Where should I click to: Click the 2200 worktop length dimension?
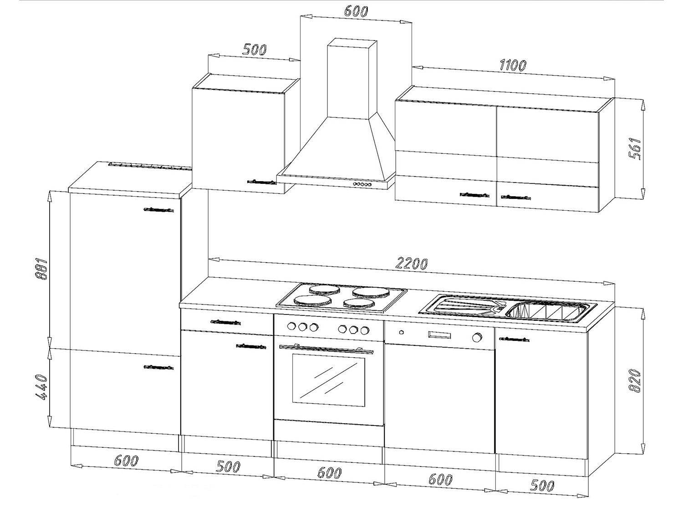pyautogui.click(x=411, y=264)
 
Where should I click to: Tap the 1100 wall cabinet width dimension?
pyautogui.click(x=513, y=65)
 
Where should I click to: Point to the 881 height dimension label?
pyautogui.click(x=41, y=269)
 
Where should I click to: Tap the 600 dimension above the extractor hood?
pyautogui.click(x=356, y=11)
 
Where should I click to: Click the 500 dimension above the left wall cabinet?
pyautogui.click(x=255, y=50)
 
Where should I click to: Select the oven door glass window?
pyautogui.click(x=328, y=381)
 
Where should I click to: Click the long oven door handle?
pyautogui.click(x=326, y=349)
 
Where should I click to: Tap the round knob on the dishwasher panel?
pyautogui.click(x=476, y=337)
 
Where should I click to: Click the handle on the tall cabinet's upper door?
pyautogui.click(x=159, y=210)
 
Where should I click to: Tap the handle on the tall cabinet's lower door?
pyautogui.click(x=159, y=367)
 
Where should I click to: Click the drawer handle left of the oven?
pyautogui.click(x=225, y=322)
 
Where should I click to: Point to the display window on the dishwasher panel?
pyautogui.click(x=439, y=335)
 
